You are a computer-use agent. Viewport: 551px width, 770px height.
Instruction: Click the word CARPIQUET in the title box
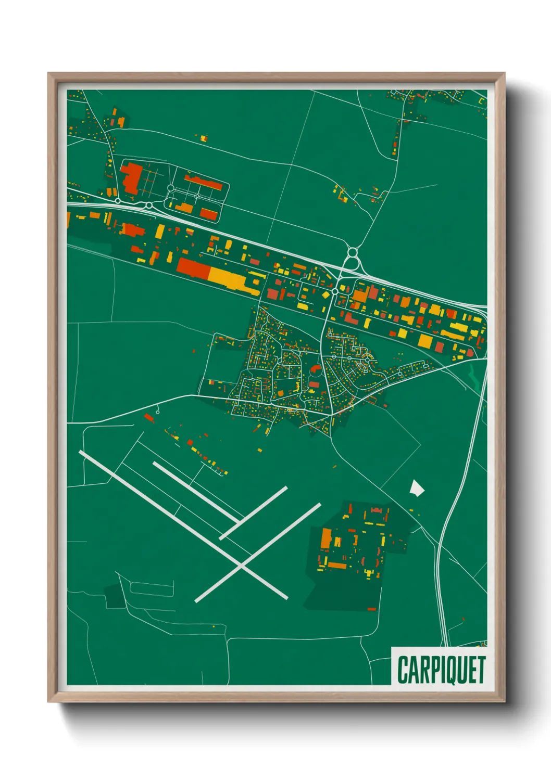click(x=441, y=670)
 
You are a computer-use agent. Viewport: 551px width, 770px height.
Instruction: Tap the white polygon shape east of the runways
click(x=417, y=487)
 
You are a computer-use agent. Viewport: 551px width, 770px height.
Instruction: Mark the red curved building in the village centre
click(x=315, y=371)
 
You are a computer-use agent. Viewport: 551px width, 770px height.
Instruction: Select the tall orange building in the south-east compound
click(x=326, y=538)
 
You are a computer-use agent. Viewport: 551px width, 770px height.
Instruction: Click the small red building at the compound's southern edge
click(x=371, y=609)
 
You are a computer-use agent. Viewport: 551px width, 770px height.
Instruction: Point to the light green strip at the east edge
click(x=475, y=376)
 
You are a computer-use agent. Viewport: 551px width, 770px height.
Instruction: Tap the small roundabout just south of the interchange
click(x=334, y=292)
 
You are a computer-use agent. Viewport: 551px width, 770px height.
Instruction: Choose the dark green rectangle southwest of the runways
click(x=112, y=596)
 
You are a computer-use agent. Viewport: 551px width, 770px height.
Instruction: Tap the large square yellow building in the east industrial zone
click(x=425, y=341)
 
